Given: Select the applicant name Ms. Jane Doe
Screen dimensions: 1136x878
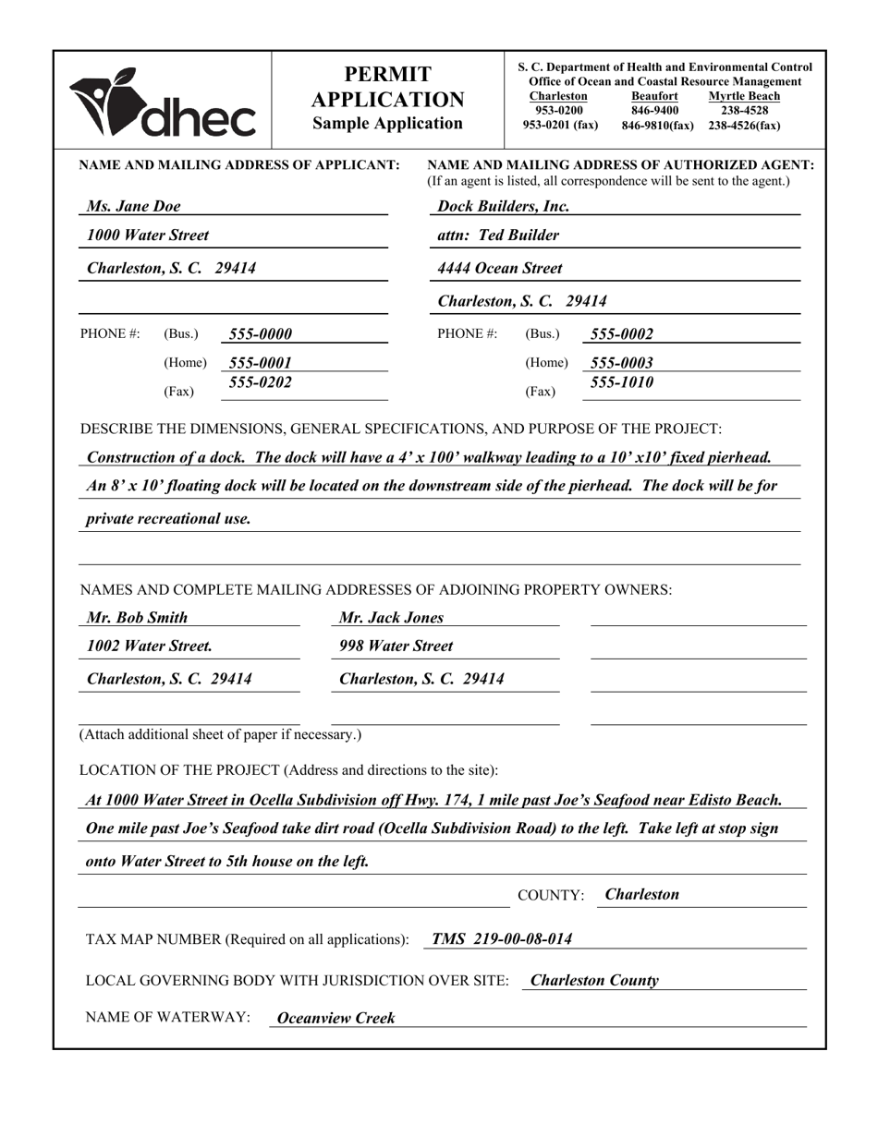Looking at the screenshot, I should coord(133,206).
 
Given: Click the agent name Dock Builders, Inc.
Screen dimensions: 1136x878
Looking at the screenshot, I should coord(503,206).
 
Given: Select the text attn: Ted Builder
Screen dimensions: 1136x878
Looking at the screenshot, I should coord(497,236).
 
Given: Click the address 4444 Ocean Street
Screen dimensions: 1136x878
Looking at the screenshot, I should coord(499,269).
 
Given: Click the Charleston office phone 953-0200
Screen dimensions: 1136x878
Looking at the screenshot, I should coord(559,110).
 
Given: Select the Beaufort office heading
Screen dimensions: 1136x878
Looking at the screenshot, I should coord(654,96).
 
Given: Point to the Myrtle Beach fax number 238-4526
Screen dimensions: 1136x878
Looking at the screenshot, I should coord(744,125).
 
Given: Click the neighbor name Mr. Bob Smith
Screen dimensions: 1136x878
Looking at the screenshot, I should coord(137,618).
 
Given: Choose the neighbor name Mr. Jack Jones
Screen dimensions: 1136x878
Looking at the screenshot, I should coord(391,618).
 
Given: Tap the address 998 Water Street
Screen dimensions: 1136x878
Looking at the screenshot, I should coord(396,647).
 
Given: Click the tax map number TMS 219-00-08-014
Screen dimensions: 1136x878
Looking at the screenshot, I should coord(501,939).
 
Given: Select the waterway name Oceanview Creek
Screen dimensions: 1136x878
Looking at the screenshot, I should coord(335,1018).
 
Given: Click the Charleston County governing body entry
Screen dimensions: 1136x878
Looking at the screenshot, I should coord(594,981).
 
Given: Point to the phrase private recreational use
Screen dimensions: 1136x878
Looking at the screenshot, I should coord(168,519).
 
